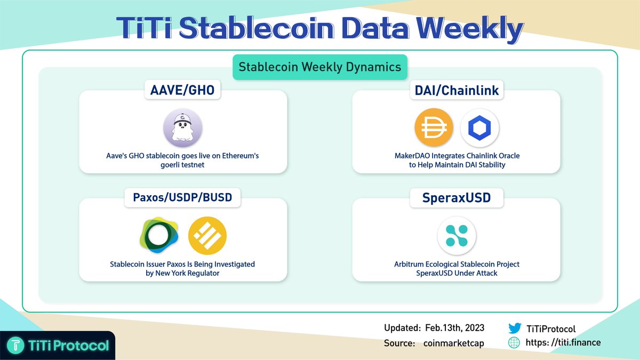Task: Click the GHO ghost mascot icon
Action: coord(183,130)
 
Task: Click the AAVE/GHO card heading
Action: coord(183,90)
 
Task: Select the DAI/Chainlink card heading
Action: coord(457,90)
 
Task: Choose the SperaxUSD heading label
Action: coord(457,198)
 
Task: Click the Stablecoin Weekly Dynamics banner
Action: coord(319,67)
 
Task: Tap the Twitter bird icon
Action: coord(514,329)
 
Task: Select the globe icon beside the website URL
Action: coord(514,342)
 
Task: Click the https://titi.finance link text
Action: coord(563,342)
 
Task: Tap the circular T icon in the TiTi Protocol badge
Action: coord(17,346)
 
